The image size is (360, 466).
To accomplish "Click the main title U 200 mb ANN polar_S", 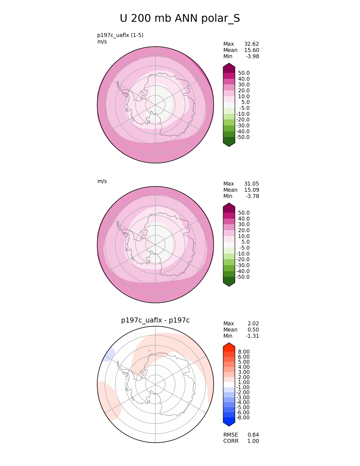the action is pos(180,18).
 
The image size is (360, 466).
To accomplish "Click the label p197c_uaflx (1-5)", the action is pos(120,35).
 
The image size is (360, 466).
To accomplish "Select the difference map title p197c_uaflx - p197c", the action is pos(155,320).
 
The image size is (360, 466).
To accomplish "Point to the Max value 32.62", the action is pos(252,44).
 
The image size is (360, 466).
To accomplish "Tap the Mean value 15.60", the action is pos(252,50).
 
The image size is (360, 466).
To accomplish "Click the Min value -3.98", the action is pos(252,56).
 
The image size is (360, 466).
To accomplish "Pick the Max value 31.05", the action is pos(252,184).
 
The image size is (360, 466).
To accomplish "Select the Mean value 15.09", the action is pos(252,190).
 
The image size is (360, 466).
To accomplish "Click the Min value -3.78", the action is pos(252,196).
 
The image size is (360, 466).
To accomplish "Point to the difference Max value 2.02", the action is pos(253,324).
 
